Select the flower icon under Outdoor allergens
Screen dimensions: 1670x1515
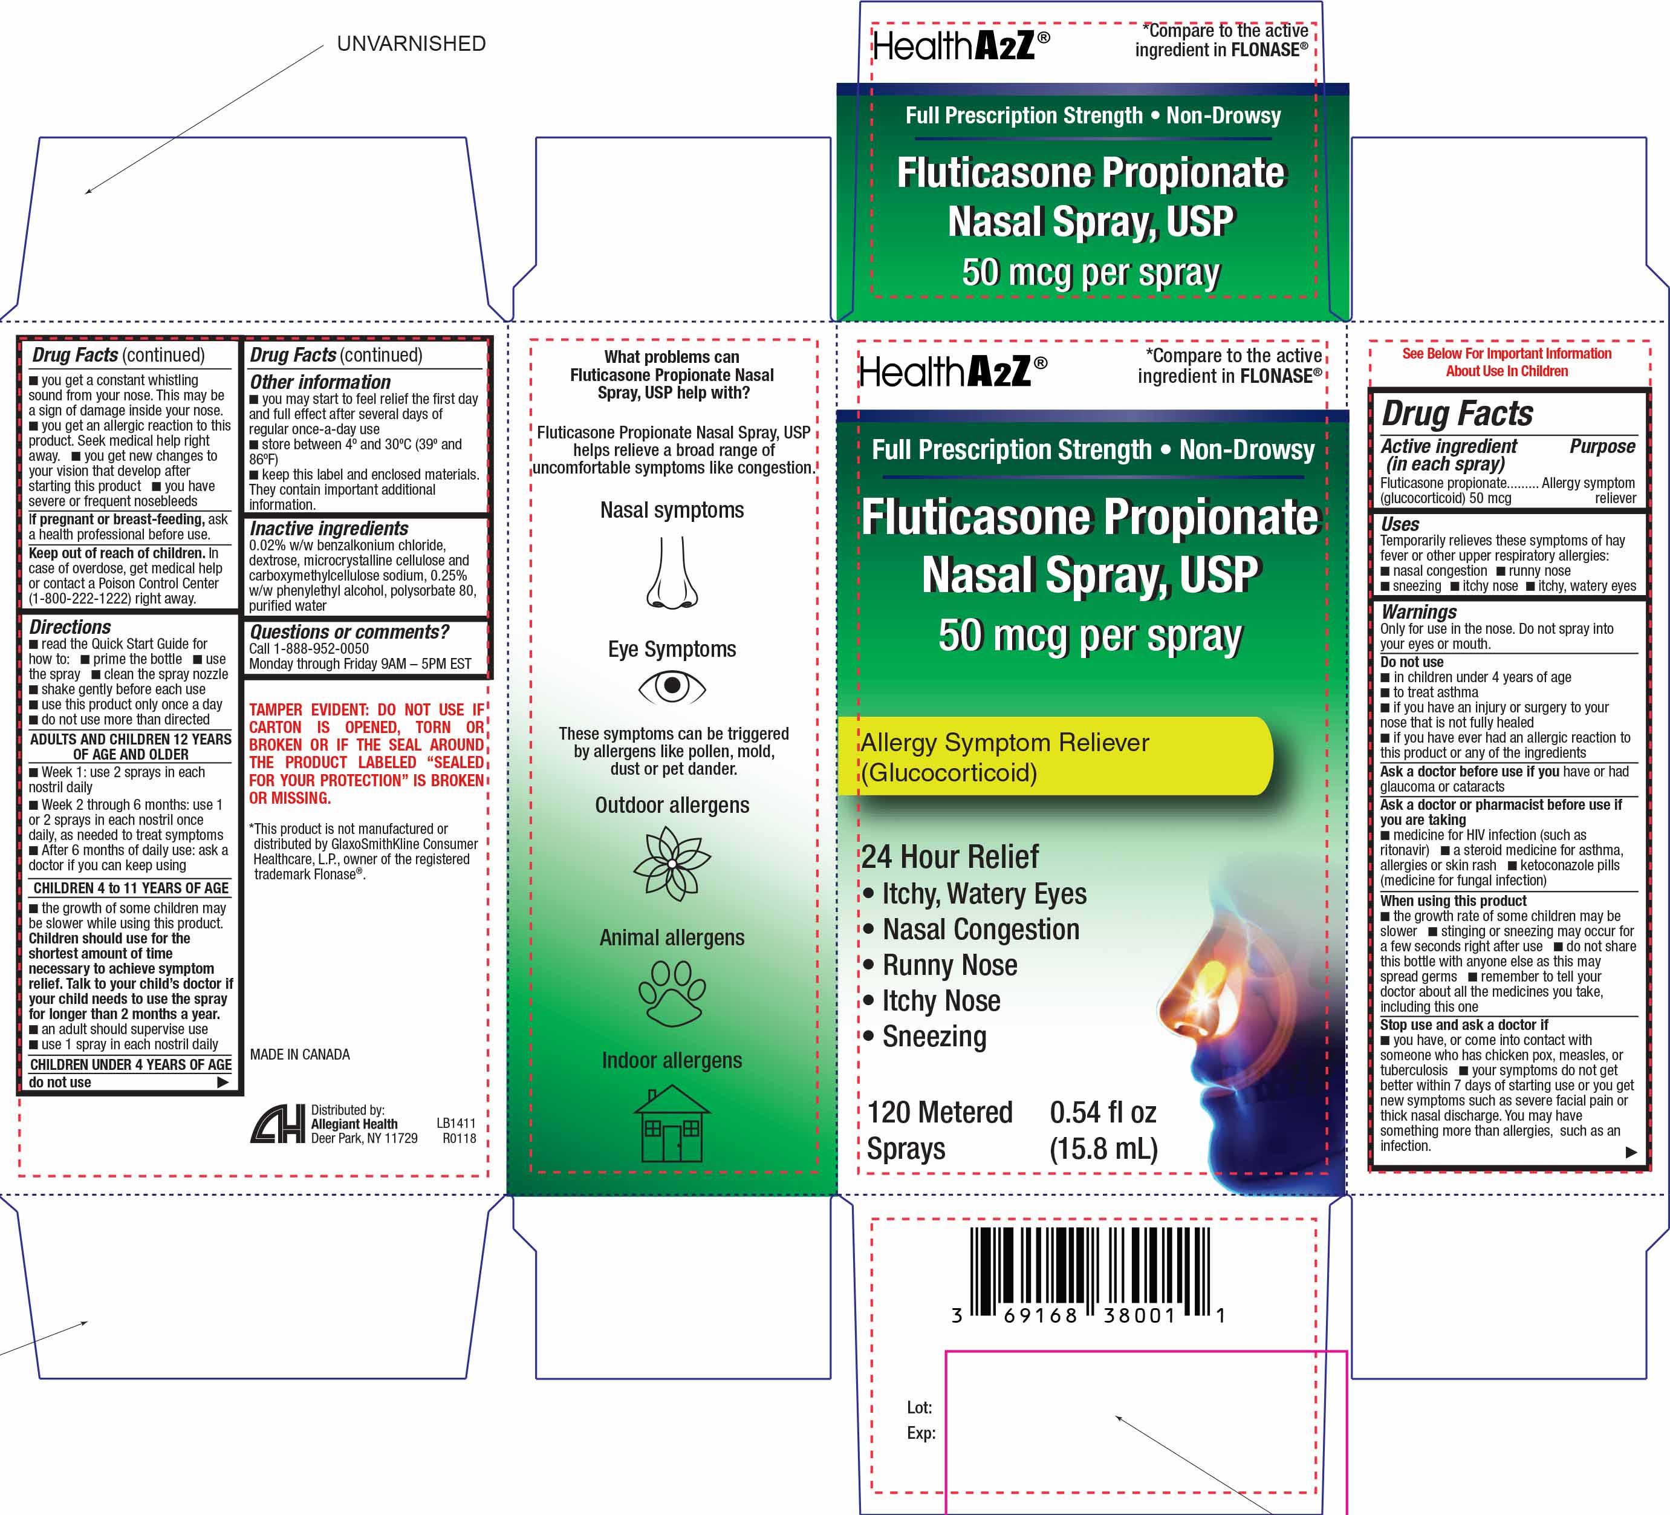(672, 864)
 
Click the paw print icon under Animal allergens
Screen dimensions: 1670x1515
(672, 994)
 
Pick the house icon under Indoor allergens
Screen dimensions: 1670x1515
(672, 1123)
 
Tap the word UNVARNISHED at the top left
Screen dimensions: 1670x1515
(411, 44)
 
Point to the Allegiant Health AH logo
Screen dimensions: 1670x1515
(278, 1125)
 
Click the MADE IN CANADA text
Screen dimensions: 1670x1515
(300, 1054)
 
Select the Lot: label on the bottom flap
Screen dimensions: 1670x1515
(920, 1407)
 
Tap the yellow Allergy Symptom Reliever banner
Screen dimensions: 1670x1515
(1054, 757)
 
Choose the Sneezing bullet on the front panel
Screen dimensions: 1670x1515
(924, 1037)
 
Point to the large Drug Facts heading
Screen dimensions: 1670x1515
(1457, 412)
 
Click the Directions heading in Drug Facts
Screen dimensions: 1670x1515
(70, 627)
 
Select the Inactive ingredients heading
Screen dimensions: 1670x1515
(329, 528)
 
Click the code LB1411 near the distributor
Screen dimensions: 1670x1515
(456, 1123)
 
